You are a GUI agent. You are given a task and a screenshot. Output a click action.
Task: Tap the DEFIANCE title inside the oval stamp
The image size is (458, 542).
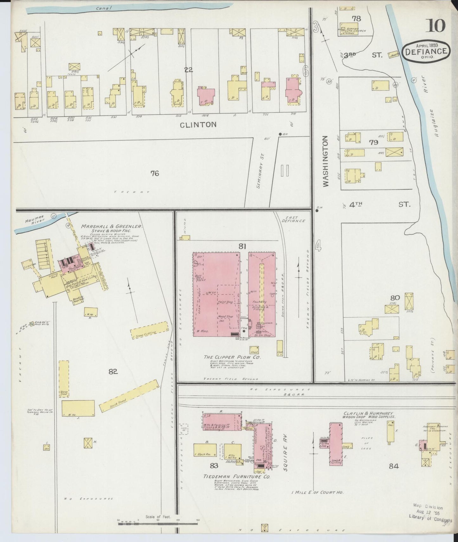click(x=427, y=51)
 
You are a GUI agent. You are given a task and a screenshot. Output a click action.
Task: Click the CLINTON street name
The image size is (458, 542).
click(x=198, y=125)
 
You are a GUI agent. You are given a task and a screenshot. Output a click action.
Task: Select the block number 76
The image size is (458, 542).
click(x=155, y=173)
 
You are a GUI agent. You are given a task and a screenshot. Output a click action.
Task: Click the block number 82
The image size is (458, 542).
click(x=113, y=372)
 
